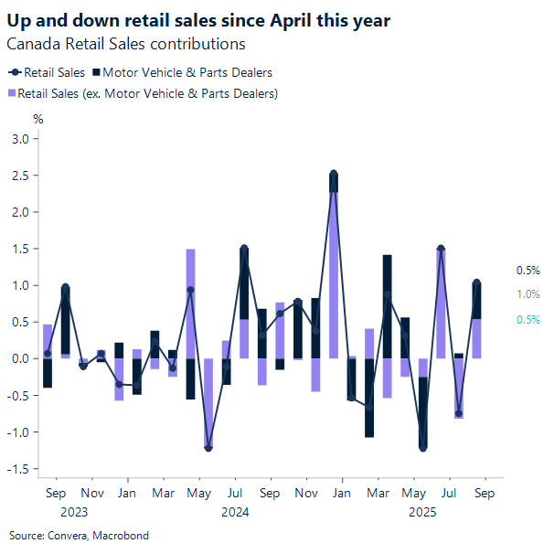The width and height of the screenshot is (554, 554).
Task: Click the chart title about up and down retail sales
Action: click(199, 19)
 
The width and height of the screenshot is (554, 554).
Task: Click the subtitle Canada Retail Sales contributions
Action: click(126, 43)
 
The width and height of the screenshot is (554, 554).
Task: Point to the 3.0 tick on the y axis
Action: click(19, 139)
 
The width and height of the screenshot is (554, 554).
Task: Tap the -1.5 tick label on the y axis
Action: click(17, 469)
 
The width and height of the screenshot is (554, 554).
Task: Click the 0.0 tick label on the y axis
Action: click(19, 358)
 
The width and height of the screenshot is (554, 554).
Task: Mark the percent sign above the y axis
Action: click(38, 118)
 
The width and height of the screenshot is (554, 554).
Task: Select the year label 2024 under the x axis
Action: click(235, 512)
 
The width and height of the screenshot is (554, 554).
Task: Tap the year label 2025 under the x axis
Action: click(422, 512)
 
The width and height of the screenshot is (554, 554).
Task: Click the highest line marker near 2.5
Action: click(334, 174)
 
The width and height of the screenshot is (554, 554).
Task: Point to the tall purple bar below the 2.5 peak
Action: click(334, 274)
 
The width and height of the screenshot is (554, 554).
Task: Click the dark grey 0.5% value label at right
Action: click(527, 271)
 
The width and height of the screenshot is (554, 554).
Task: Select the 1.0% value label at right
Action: click(527, 294)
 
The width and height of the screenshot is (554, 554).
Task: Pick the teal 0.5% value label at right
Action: click(527, 319)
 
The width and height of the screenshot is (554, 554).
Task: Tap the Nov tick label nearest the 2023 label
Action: click(91, 493)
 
